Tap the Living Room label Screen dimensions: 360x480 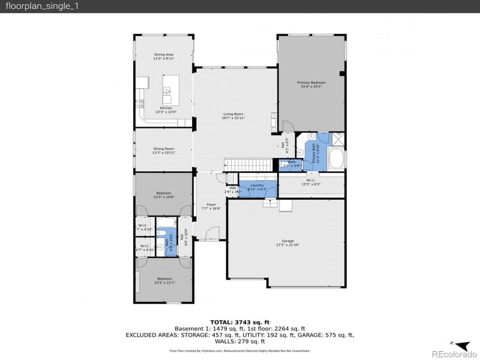pos(233,116)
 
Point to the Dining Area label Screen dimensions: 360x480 pos(163,56)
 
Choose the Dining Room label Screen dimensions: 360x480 pos(163,151)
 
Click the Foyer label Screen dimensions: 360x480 pos(211,207)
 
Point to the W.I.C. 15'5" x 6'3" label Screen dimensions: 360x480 pos(311,182)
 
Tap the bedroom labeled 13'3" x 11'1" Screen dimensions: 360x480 pos(163,281)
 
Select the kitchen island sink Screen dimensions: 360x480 pos(166,91)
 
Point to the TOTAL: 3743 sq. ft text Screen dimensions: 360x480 pos(239,322)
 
